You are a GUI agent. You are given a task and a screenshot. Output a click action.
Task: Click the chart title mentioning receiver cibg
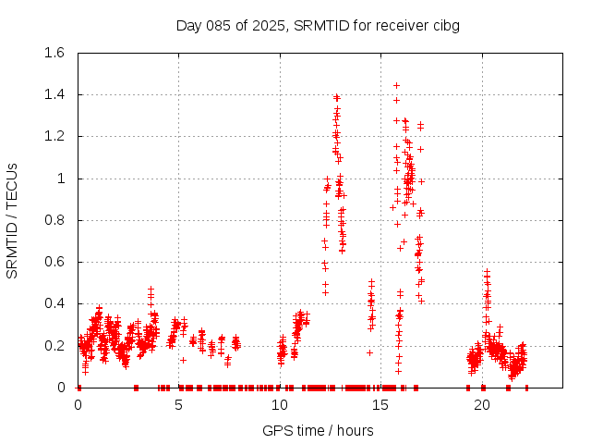click(x=318, y=25)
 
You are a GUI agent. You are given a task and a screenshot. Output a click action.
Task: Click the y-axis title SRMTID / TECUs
click(x=12, y=220)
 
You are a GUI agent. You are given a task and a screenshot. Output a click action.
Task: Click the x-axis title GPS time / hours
click(x=318, y=430)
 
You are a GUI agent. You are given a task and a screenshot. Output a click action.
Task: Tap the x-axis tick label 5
click(x=178, y=405)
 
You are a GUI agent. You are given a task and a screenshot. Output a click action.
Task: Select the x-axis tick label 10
click(x=280, y=405)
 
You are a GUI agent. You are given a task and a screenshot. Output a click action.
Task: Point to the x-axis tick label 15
click(x=381, y=405)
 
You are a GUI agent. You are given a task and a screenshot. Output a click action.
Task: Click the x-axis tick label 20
click(x=482, y=405)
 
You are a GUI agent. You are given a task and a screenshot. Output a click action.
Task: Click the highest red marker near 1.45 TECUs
click(x=397, y=85)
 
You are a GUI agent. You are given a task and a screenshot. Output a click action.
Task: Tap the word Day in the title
click(x=189, y=25)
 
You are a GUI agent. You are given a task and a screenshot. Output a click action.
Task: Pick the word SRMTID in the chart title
click(x=319, y=25)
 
